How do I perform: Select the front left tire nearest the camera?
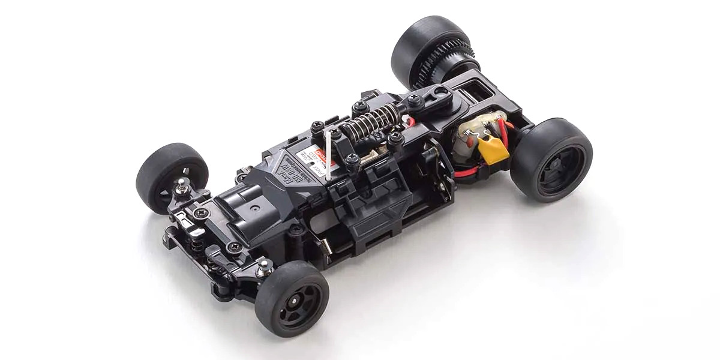pos(292,298)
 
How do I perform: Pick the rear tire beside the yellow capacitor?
pos(551,159)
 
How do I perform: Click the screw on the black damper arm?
pos(413,98)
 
